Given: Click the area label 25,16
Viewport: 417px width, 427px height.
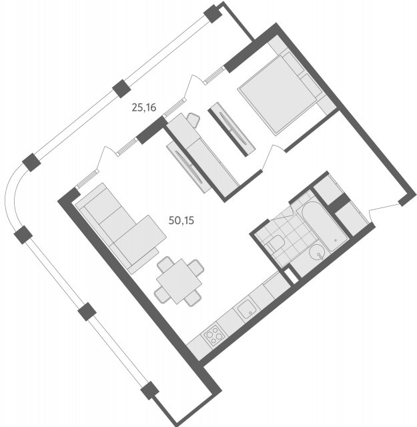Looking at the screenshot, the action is pyautogui.click(x=144, y=108).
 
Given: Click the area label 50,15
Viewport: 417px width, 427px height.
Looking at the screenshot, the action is pyautogui.click(x=181, y=220).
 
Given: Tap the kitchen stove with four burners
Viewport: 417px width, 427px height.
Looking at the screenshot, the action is pyautogui.click(x=214, y=334).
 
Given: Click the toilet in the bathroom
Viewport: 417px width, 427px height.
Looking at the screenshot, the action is pyautogui.click(x=275, y=243).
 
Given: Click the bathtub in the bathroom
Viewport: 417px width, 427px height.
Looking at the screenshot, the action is pyautogui.click(x=322, y=226).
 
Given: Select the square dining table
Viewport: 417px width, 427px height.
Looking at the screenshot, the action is pyautogui.click(x=179, y=282).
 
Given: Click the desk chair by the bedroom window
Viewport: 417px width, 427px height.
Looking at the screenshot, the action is pyautogui.click(x=194, y=120).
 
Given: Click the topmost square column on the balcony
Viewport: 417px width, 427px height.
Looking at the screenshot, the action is pyautogui.click(x=212, y=13).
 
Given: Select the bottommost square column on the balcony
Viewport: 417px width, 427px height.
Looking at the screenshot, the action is pyautogui.click(x=149, y=390).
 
